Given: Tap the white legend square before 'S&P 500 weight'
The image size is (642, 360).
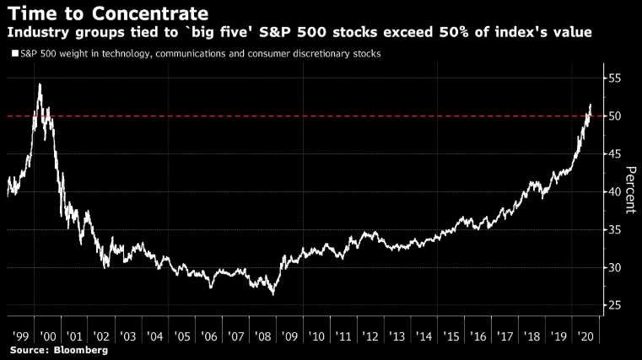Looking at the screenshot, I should coord(14,54).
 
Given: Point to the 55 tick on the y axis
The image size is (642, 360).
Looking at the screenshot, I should coord(614,78).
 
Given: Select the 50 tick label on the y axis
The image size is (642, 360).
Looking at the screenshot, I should coord(614,116).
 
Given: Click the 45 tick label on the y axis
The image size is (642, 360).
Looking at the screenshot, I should coord(614,153).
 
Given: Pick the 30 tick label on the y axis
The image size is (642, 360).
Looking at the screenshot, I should coord(614,267).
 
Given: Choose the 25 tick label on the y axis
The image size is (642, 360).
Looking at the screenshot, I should coord(614,305).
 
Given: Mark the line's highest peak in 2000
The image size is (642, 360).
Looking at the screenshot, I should coord(40,83).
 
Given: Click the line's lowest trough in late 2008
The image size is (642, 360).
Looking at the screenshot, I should coord(272,293).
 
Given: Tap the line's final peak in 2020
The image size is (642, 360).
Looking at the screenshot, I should coord(591,105).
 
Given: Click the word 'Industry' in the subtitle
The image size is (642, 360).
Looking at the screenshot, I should coord(35,33).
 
